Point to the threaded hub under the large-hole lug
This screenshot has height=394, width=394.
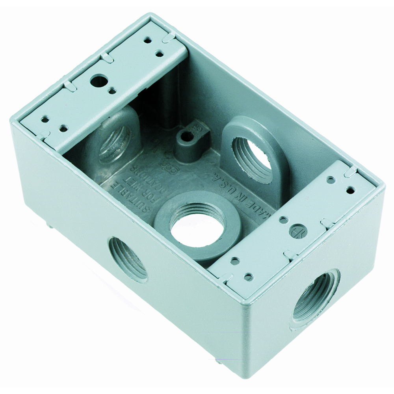click(114, 144)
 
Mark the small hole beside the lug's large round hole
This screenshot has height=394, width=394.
click(112, 91)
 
